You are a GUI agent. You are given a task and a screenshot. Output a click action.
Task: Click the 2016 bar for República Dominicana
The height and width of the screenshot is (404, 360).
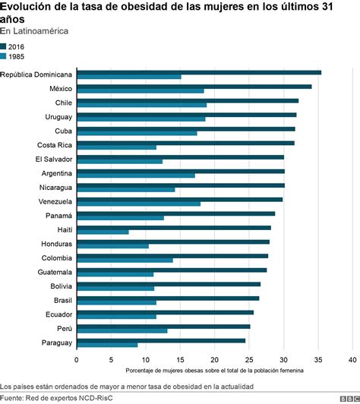pyautogui.click(x=199, y=72)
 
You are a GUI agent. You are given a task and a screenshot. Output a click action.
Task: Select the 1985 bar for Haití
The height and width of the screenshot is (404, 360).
pyautogui.click(x=103, y=232)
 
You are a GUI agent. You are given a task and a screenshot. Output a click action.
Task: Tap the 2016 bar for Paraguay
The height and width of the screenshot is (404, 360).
pyautogui.click(x=161, y=340)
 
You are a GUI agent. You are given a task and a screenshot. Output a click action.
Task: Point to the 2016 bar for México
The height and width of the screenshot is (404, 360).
pyautogui.click(x=194, y=87)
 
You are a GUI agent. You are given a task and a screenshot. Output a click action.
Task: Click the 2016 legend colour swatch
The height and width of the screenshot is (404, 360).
pyautogui.click(x=4, y=46)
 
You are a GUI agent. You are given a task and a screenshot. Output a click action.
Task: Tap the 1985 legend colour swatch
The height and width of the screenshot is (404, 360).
pyautogui.click(x=4, y=55)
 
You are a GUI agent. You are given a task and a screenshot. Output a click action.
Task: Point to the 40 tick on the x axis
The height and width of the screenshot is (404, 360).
pyautogui.click(x=352, y=358)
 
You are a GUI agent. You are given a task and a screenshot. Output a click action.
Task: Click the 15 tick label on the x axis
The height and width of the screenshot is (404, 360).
pyautogui.click(x=180, y=358)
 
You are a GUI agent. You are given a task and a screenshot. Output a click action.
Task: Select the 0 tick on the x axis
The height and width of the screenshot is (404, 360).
pyautogui.click(x=77, y=358)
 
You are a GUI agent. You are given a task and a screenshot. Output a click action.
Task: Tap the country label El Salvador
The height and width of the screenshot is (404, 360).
pyautogui.click(x=53, y=159)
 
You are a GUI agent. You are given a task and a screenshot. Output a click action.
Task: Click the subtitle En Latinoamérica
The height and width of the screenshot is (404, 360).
pyautogui.click(x=34, y=31)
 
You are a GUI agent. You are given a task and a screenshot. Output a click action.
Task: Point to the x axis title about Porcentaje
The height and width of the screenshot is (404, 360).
pyautogui.click(x=214, y=370)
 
